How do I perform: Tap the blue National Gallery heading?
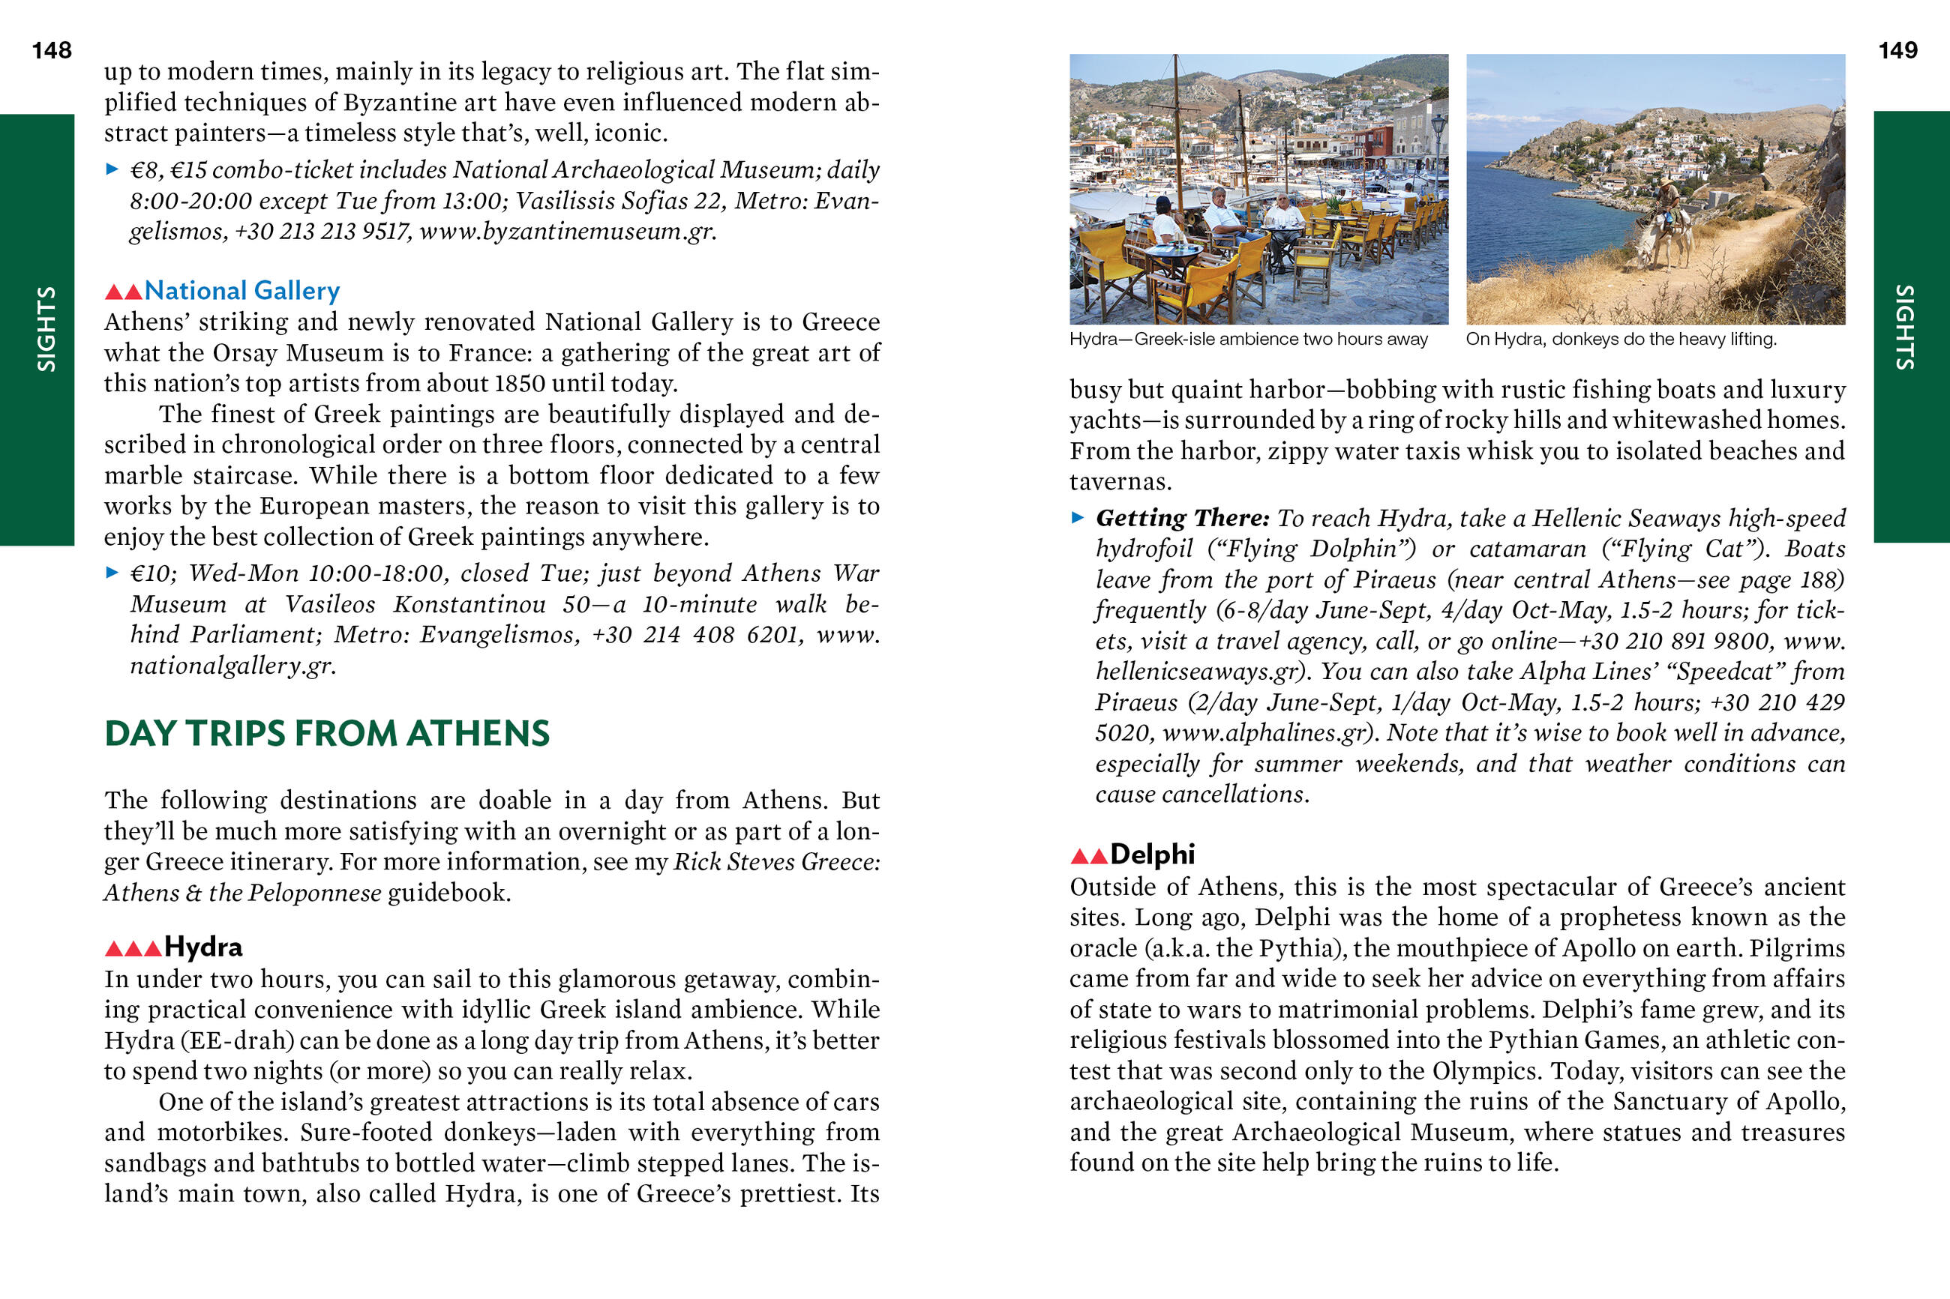click(x=242, y=291)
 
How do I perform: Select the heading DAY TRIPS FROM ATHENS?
click(x=326, y=734)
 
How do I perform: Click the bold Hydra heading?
click(x=203, y=947)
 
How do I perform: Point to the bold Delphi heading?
click(x=1152, y=854)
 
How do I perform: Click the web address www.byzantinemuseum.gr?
click(x=567, y=231)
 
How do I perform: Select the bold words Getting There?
click(x=1182, y=519)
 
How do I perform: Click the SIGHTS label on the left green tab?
click(x=46, y=329)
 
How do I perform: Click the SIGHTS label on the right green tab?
click(x=1904, y=328)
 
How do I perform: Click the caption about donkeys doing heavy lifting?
click(x=1621, y=340)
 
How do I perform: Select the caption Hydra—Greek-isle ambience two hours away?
click(x=1248, y=340)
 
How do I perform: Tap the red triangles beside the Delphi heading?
click(x=1088, y=856)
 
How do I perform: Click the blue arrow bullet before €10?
click(x=112, y=573)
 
